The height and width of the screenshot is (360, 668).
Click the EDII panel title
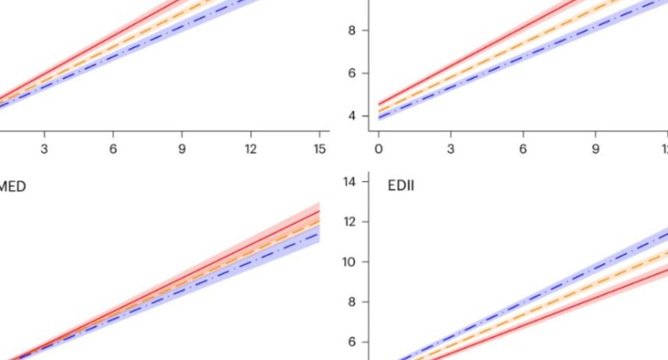[x=401, y=185]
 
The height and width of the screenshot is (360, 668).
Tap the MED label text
[x=12, y=187]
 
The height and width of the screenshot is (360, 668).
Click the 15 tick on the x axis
[x=320, y=149]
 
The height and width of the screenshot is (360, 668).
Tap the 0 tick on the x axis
[x=378, y=149]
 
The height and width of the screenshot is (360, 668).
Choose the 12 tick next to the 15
[x=251, y=149]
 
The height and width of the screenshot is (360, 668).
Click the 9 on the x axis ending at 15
[x=182, y=149]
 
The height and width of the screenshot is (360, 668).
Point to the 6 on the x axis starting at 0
[x=523, y=149]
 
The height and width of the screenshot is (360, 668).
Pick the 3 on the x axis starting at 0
[x=451, y=149]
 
